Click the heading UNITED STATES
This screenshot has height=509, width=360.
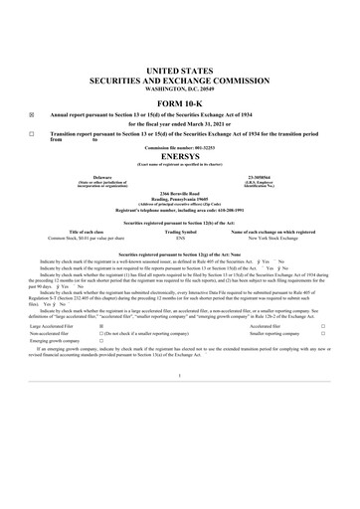pos(179,61)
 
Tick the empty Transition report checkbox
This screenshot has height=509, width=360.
pos(31,133)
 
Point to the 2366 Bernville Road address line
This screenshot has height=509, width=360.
pos(179,192)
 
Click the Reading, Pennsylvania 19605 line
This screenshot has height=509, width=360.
pos(179,197)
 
